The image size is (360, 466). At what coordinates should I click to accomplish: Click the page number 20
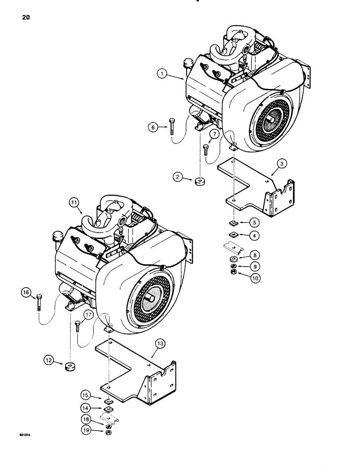click(x=26, y=18)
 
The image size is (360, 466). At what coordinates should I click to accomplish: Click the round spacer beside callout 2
click(x=200, y=181)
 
